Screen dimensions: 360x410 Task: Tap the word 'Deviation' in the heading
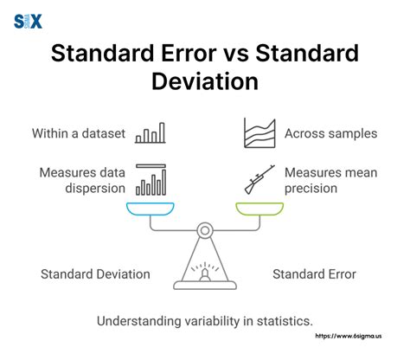click(204, 83)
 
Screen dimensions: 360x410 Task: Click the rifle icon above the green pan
click(259, 179)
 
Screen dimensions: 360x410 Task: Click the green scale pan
click(259, 209)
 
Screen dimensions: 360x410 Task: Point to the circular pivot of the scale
click(205, 231)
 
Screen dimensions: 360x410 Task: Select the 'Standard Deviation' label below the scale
click(95, 274)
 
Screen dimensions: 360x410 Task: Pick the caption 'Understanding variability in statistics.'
click(205, 321)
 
